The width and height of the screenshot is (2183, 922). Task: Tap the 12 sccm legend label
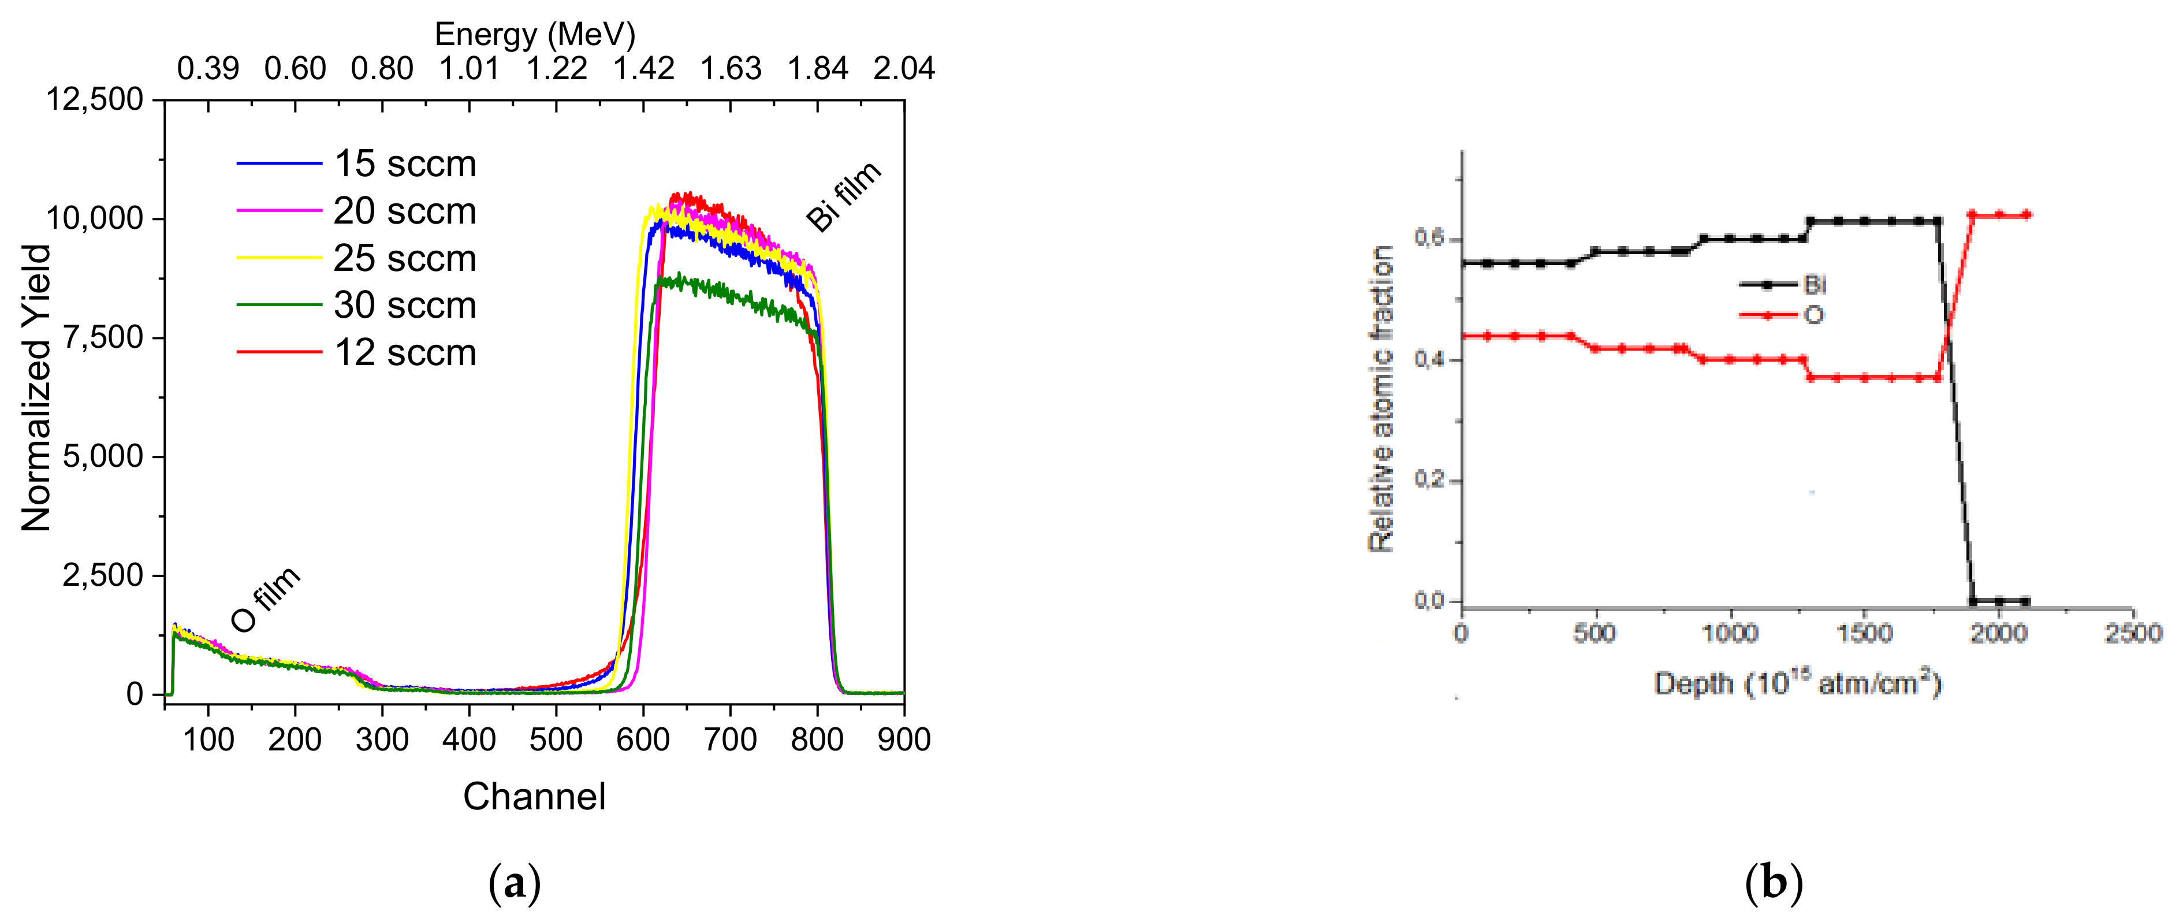point(404,352)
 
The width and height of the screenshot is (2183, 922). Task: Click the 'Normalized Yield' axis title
point(36,388)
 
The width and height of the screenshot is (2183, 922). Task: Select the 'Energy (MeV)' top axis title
point(535,34)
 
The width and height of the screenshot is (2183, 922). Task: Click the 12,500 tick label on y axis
point(94,99)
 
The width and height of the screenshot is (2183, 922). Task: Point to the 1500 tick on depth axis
point(1864,633)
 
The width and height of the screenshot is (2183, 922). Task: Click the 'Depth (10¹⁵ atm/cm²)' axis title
point(1797,683)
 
